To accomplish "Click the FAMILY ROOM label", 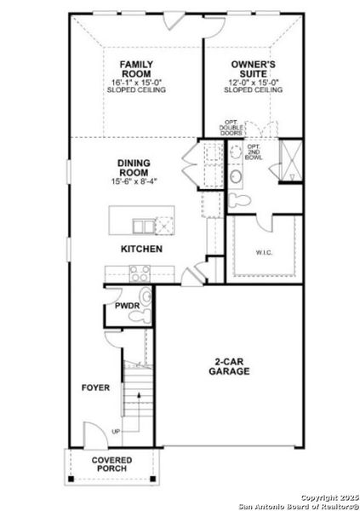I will [135, 70].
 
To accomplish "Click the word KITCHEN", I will [140, 249].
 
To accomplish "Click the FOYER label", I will [95, 388].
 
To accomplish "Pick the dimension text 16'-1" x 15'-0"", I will [135, 82].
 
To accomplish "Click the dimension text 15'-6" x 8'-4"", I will [134, 181].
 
